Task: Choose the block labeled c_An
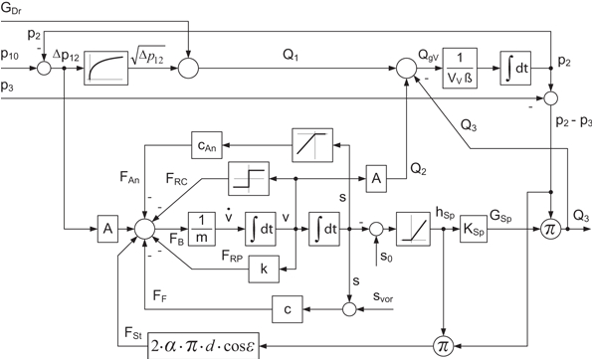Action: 207,145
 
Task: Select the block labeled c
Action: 288,309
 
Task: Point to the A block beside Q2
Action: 375,175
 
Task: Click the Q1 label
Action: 283,57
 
